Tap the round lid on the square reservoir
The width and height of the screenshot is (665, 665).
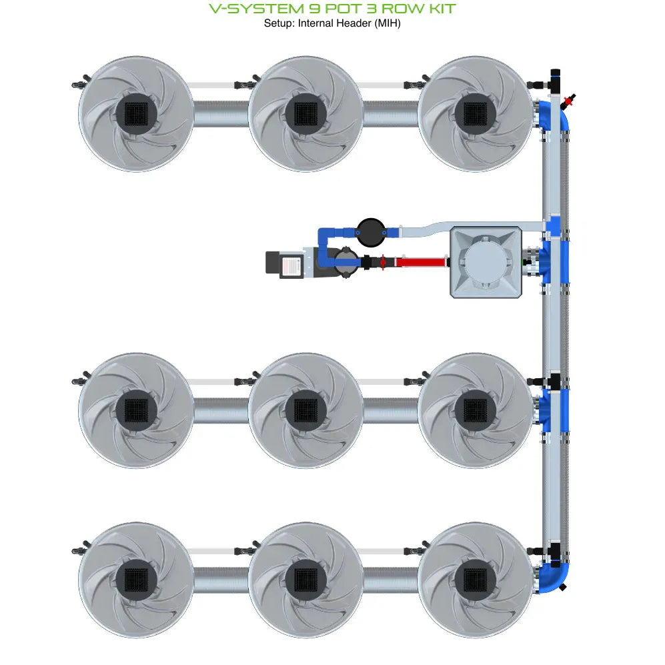486,261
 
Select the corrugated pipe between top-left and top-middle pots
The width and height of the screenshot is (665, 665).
221,113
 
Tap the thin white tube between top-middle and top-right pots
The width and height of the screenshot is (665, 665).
390,85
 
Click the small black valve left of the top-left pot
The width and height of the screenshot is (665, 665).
78,85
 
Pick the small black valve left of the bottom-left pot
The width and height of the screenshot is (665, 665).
78,551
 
